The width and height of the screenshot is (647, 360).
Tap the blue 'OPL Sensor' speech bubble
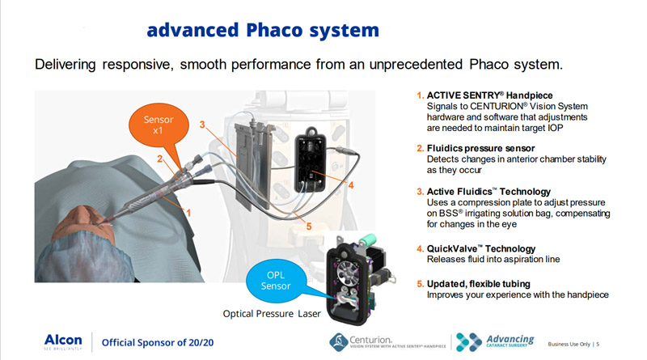(x=276, y=281)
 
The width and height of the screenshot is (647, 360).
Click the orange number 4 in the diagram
(x=351, y=185)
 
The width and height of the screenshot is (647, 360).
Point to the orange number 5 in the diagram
(x=309, y=227)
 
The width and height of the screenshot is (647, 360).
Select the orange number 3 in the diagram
(x=202, y=125)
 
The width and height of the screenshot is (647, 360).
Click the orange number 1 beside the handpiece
(x=188, y=213)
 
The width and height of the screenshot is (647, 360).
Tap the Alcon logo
(x=63, y=342)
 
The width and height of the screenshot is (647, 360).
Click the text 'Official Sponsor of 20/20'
(x=158, y=343)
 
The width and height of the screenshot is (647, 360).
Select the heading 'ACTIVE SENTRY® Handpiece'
(x=489, y=95)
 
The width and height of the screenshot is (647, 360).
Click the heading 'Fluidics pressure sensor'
(x=480, y=148)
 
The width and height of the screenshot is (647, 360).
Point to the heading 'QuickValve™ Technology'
(x=481, y=248)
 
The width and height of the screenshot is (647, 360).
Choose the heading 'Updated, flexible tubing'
(x=479, y=284)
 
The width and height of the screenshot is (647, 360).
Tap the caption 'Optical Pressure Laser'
(x=272, y=314)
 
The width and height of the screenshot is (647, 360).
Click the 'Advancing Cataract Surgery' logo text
(x=510, y=341)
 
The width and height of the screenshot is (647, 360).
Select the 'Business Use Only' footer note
(x=569, y=344)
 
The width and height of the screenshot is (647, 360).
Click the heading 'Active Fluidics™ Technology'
(x=488, y=192)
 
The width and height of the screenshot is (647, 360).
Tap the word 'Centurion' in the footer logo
(x=370, y=340)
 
